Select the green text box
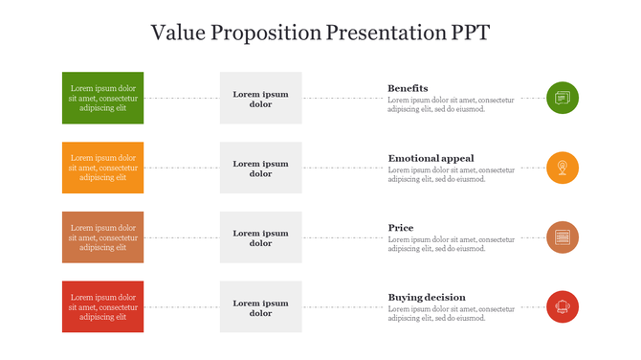pyautogui.click(x=103, y=98)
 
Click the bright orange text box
pyautogui.click(x=103, y=168)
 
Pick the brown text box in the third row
pyautogui.click(x=103, y=237)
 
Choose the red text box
pyautogui.click(x=103, y=306)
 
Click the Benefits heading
pyautogui.click(x=408, y=88)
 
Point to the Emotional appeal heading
pyautogui.click(x=431, y=158)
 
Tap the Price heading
pyautogui.click(x=401, y=228)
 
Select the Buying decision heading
pyautogui.click(x=427, y=297)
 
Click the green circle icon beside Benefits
pyautogui.click(x=563, y=98)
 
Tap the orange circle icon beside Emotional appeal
pyautogui.click(x=563, y=168)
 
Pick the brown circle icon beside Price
pyautogui.click(x=563, y=237)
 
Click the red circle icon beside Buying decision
pyautogui.click(x=563, y=306)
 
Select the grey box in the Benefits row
pyautogui.click(x=260, y=98)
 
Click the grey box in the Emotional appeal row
pyautogui.click(x=260, y=168)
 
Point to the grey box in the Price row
pyautogui.click(x=260, y=237)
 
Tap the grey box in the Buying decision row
pyautogui.click(x=260, y=306)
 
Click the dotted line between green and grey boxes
pyautogui.click(x=182, y=98)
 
